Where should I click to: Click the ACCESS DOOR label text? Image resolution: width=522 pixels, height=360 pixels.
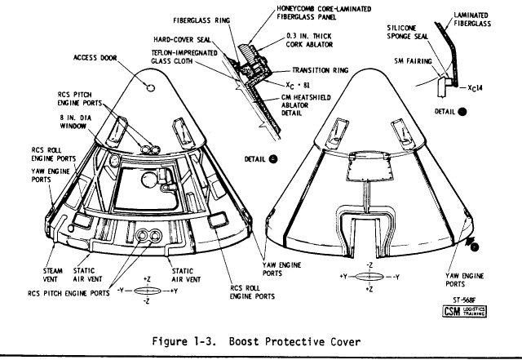[x=95, y=59]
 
